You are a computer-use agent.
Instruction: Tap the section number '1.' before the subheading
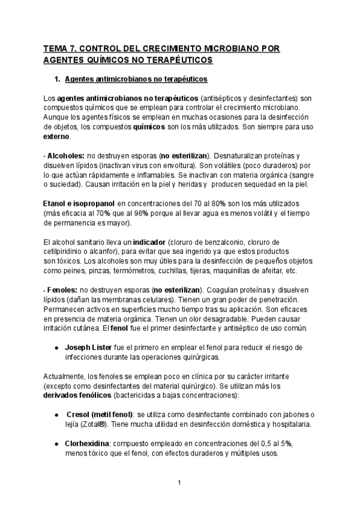(x=58, y=79)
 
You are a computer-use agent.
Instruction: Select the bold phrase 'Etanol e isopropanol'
(x=79, y=204)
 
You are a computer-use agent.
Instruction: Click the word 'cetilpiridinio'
(x=67, y=251)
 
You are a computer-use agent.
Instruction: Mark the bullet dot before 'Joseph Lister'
(x=56, y=348)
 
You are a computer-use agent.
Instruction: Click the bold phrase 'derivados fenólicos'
(x=82, y=396)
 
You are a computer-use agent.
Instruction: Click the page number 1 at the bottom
(x=179, y=482)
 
